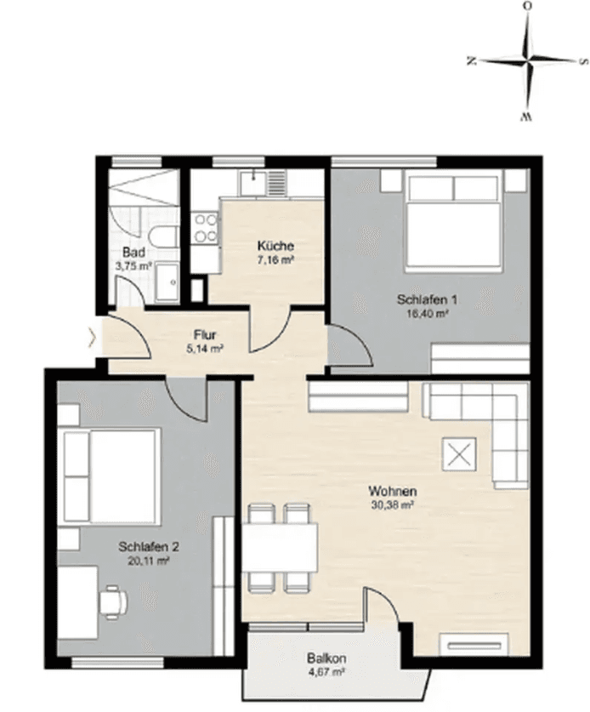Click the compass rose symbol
[527, 61]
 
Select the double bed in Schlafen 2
[112, 477]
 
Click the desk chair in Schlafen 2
[112, 601]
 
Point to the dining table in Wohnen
[280, 547]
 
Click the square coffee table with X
[460, 455]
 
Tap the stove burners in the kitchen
[206, 228]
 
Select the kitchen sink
[254, 182]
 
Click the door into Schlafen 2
[187, 396]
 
